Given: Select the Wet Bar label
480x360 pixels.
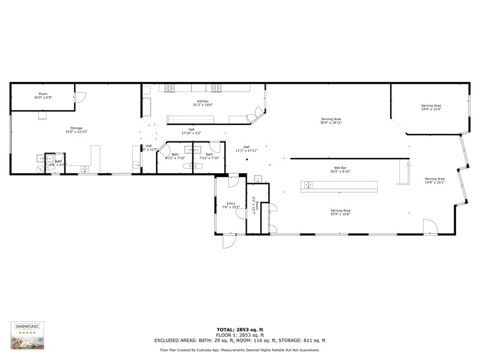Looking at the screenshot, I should [x=340, y=170].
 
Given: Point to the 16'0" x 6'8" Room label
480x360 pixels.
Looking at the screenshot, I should [x=43, y=96].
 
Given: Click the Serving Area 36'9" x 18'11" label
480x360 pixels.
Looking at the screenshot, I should [x=331, y=121].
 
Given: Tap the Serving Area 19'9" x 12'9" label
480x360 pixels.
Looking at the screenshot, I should [x=430, y=108].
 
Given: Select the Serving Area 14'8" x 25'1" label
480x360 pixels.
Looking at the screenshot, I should [x=435, y=181].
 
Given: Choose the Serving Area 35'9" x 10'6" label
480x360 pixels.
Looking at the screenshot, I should [x=340, y=212].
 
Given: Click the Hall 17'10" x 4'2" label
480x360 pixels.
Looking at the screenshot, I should [x=192, y=131].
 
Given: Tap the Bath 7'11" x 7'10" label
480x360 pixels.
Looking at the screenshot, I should [x=209, y=156].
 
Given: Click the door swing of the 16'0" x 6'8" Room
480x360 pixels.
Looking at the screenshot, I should [x=80, y=97].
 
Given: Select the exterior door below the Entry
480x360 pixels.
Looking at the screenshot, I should [x=229, y=241].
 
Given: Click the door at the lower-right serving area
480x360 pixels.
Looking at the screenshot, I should [x=430, y=227].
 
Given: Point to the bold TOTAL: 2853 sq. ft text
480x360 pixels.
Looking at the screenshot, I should [x=239, y=329].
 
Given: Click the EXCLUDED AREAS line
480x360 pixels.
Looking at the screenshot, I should [x=239, y=340].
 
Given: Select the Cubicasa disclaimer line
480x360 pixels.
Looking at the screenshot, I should [x=239, y=350].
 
